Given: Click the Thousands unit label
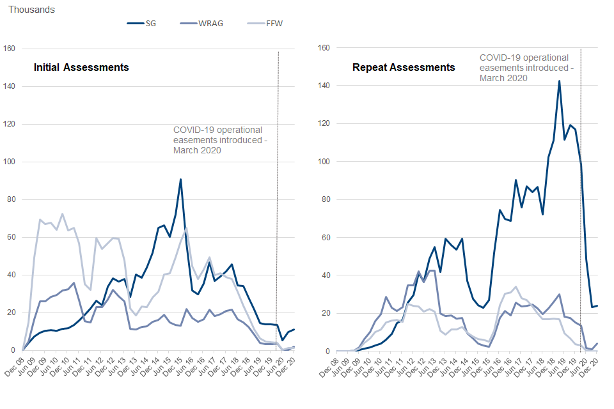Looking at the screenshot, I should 31,10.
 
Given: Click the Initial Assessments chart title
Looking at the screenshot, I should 81,67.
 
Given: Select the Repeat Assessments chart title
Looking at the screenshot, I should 404,67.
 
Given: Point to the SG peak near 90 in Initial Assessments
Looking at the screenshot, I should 181,180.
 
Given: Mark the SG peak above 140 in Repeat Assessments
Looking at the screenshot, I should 560,81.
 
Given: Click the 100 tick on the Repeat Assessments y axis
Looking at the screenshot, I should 324,162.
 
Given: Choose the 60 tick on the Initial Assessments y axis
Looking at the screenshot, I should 11,237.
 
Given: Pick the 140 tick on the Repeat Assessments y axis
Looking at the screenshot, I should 324,86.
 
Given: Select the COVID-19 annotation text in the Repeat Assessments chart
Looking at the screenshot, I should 526,68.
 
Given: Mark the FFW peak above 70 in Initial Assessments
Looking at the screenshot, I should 62,214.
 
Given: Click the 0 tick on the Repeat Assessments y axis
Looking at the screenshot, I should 328,351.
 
